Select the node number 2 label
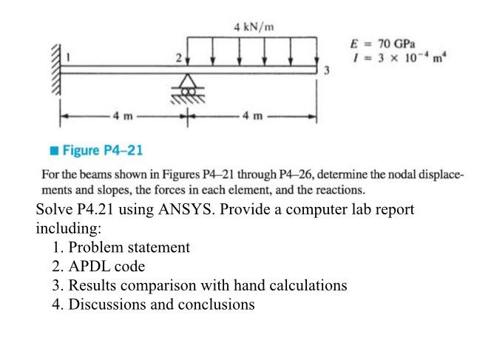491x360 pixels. tap(178, 57)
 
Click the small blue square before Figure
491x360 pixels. tap(55, 151)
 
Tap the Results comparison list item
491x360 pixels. tap(207, 285)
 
